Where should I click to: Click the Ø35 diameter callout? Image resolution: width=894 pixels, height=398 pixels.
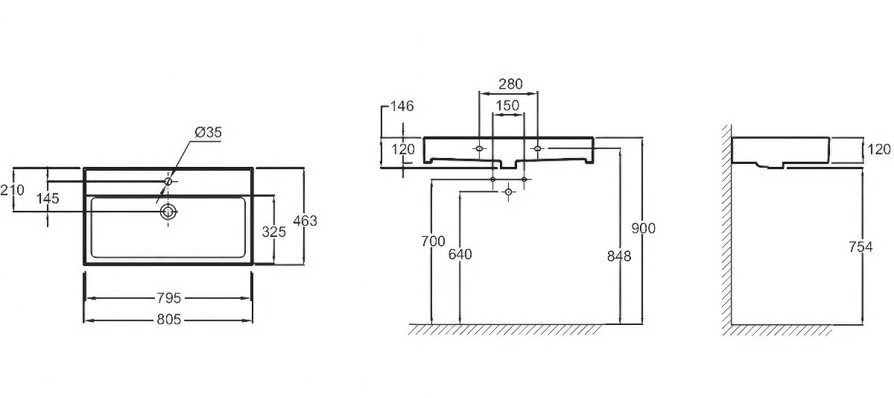(x=208, y=132)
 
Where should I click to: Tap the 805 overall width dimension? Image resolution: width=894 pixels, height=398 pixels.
(x=169, y=319)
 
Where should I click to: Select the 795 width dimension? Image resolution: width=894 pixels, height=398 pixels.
(x=169, y=298)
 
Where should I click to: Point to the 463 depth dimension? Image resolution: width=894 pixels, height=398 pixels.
(x=305, y=221)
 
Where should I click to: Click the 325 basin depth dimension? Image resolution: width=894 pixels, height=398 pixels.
(x=274, y=232)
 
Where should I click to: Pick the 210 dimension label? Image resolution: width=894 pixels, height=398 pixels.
(x=12, y=190)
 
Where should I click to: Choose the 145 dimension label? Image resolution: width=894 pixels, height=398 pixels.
(x=48, y=198)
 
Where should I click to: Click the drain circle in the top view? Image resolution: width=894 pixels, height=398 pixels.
(x=168, y=211)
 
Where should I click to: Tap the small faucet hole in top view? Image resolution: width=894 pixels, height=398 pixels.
(x=168, y=182)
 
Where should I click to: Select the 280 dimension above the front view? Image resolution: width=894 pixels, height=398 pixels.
(x=510, y=84)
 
